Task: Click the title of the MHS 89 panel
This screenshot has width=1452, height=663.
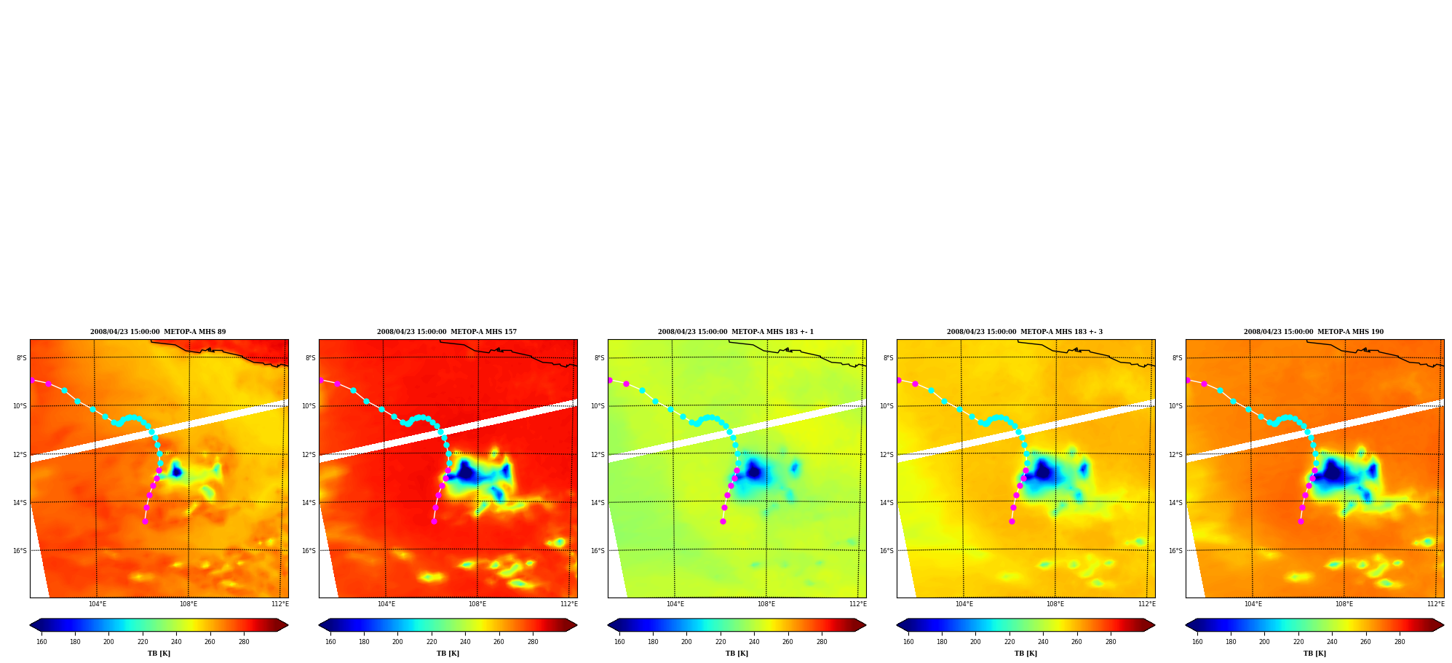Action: [x=158, y=332]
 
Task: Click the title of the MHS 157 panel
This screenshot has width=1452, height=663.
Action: [x=447, y=332]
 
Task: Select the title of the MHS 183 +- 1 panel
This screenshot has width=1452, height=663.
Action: [x=736, y=332]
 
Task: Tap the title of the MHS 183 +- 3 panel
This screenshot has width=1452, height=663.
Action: [x=1025, y=332]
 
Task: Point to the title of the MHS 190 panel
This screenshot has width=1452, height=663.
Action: [x=1314, y=332]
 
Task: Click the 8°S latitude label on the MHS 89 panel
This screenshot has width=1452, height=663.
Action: [x=22, y=358]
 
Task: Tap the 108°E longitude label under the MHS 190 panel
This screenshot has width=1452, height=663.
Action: [x=1344, y=604]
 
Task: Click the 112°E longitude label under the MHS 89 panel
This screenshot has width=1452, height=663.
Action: [x=280, y=604]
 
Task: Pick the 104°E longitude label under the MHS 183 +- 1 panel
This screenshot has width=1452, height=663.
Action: [x=675, y=604]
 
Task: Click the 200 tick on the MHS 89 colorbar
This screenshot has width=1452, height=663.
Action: [x=108, y=642]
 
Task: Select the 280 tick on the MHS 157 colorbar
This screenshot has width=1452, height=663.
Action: [x=533, y=642]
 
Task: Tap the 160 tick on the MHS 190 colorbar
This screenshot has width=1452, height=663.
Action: [x=1197, y=642]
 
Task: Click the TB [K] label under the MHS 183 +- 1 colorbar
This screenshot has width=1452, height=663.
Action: [x=737, y=654]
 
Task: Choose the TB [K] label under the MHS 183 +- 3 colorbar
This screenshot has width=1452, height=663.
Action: [x=1025, y=654]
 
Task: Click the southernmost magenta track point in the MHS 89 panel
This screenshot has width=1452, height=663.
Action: [x=145, y=521]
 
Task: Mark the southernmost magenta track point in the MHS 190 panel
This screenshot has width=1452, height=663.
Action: [x=1301, y=521]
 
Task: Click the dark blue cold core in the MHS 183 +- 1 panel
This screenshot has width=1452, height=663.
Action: [x=753, y=470]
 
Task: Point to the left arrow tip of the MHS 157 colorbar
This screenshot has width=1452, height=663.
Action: [x=319, y=625]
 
